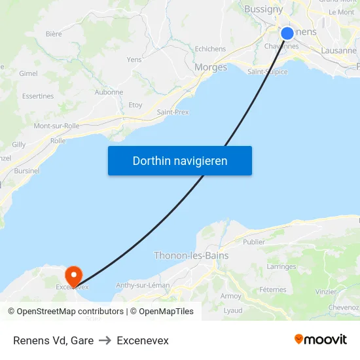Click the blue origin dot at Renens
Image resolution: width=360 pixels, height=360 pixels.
click(287, 33)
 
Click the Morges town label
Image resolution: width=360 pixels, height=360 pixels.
click(211, 67)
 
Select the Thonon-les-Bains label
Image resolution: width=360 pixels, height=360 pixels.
click(191, 256)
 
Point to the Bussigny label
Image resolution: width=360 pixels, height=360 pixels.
click(264, 9)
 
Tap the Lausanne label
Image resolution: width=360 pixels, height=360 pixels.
click(338, 50)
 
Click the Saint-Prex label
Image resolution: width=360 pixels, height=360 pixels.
click(173, 112)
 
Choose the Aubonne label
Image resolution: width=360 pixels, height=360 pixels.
click(109, 92)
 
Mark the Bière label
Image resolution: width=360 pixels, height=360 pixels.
click(54, 34)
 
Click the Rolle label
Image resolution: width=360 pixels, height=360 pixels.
click(58, 141)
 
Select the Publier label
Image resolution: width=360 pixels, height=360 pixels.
click(254, 242)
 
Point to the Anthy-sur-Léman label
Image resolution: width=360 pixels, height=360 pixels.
click(143, 285)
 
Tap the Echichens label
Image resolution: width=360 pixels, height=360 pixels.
click(210, 49)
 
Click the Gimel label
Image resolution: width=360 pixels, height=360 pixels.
click(29, 74)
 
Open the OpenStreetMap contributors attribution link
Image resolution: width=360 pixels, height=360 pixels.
click(70, 312)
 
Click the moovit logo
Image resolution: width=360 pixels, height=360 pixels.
click(321, 340)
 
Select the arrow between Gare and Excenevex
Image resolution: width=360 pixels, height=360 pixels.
click(105, 340)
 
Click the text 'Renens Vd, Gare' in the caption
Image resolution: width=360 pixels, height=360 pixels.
click(53, 340)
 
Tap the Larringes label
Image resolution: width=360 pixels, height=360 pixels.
click(281, 266)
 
